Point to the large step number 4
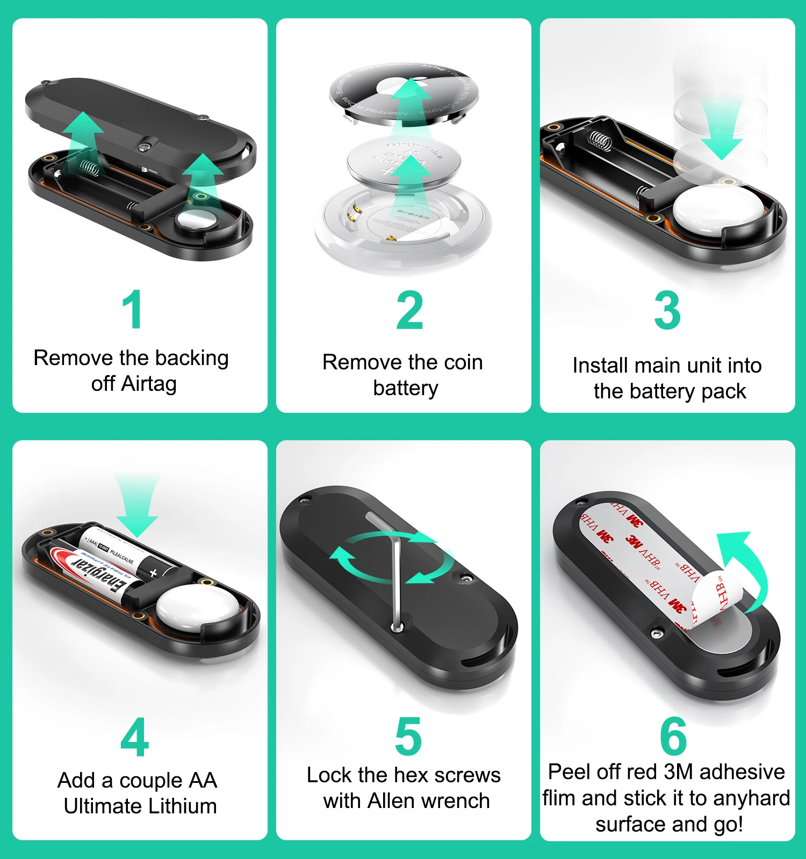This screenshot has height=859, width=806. pyautogui.click(x=134, y=738)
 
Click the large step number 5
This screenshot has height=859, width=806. pyautogui.click(x=408, y=737)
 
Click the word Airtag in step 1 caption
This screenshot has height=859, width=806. pyautogui.click(x=149, y=384)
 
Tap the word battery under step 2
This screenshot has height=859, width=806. pyautogui.click(x=406, y=388)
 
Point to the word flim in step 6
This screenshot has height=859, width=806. pyautogui.click(x=559, y=798)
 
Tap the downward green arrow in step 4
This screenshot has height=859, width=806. pyautogui.click(x=136, y=505)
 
